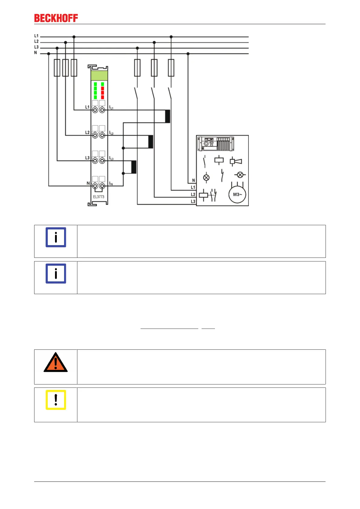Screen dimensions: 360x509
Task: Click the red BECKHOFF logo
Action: tap(56, 18)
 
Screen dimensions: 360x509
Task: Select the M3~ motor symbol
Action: tap(237, 194)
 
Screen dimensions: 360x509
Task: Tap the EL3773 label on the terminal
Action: tap(99, 197)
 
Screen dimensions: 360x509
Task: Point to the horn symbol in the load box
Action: tap(236, 161)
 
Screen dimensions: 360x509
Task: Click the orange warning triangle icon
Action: tap(56, 362)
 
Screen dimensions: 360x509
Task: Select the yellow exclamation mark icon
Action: tap(56, 400)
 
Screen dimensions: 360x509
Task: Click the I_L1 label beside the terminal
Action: tap(111, 108)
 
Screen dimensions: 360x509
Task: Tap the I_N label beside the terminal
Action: tap(111, 183)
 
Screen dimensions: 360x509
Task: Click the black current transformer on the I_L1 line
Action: tap(167, 116)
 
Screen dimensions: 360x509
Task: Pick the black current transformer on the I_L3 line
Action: tap(134, 167)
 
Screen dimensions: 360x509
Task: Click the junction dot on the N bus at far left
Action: tap(49, 54)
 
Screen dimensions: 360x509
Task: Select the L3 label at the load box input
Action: tap(193, 201)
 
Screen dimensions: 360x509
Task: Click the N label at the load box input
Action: tap(193, 180)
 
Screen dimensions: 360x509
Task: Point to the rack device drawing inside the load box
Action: tap(216, 144)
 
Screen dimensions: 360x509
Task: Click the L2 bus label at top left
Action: tap(36, 41)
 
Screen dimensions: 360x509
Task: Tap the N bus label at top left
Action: tap(35, 53)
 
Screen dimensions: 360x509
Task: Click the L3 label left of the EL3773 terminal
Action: tap(87, 158)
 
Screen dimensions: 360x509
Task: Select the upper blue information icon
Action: tap(56, 237)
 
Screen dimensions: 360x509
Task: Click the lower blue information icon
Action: tap(56, 274)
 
